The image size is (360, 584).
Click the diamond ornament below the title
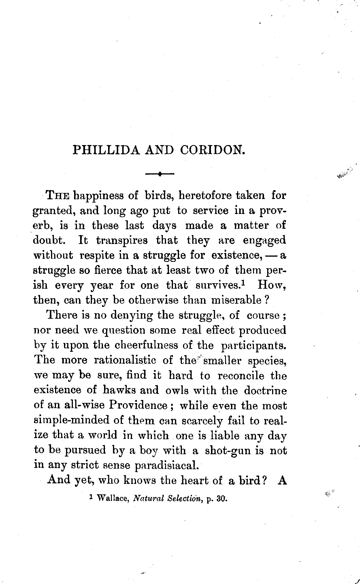tap(159, 174)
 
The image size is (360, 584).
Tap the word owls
tap(176, 390)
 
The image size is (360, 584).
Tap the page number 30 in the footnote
tap(222, 499)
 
